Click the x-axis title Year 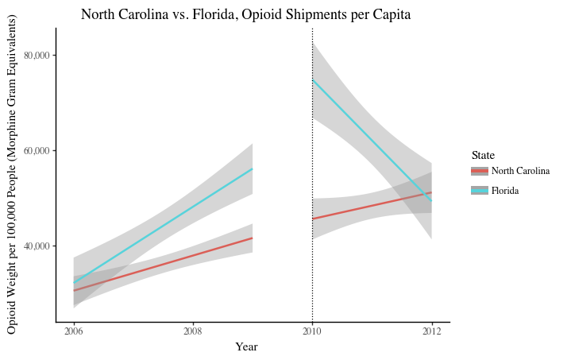[246, 346]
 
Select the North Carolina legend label [520, 171]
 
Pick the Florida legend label [505, 191]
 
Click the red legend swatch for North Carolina [479, 171]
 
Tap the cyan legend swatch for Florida [479, 191]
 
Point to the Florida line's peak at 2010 [313, 79]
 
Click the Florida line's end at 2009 [253, 168]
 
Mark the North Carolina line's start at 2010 [313, 219]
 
